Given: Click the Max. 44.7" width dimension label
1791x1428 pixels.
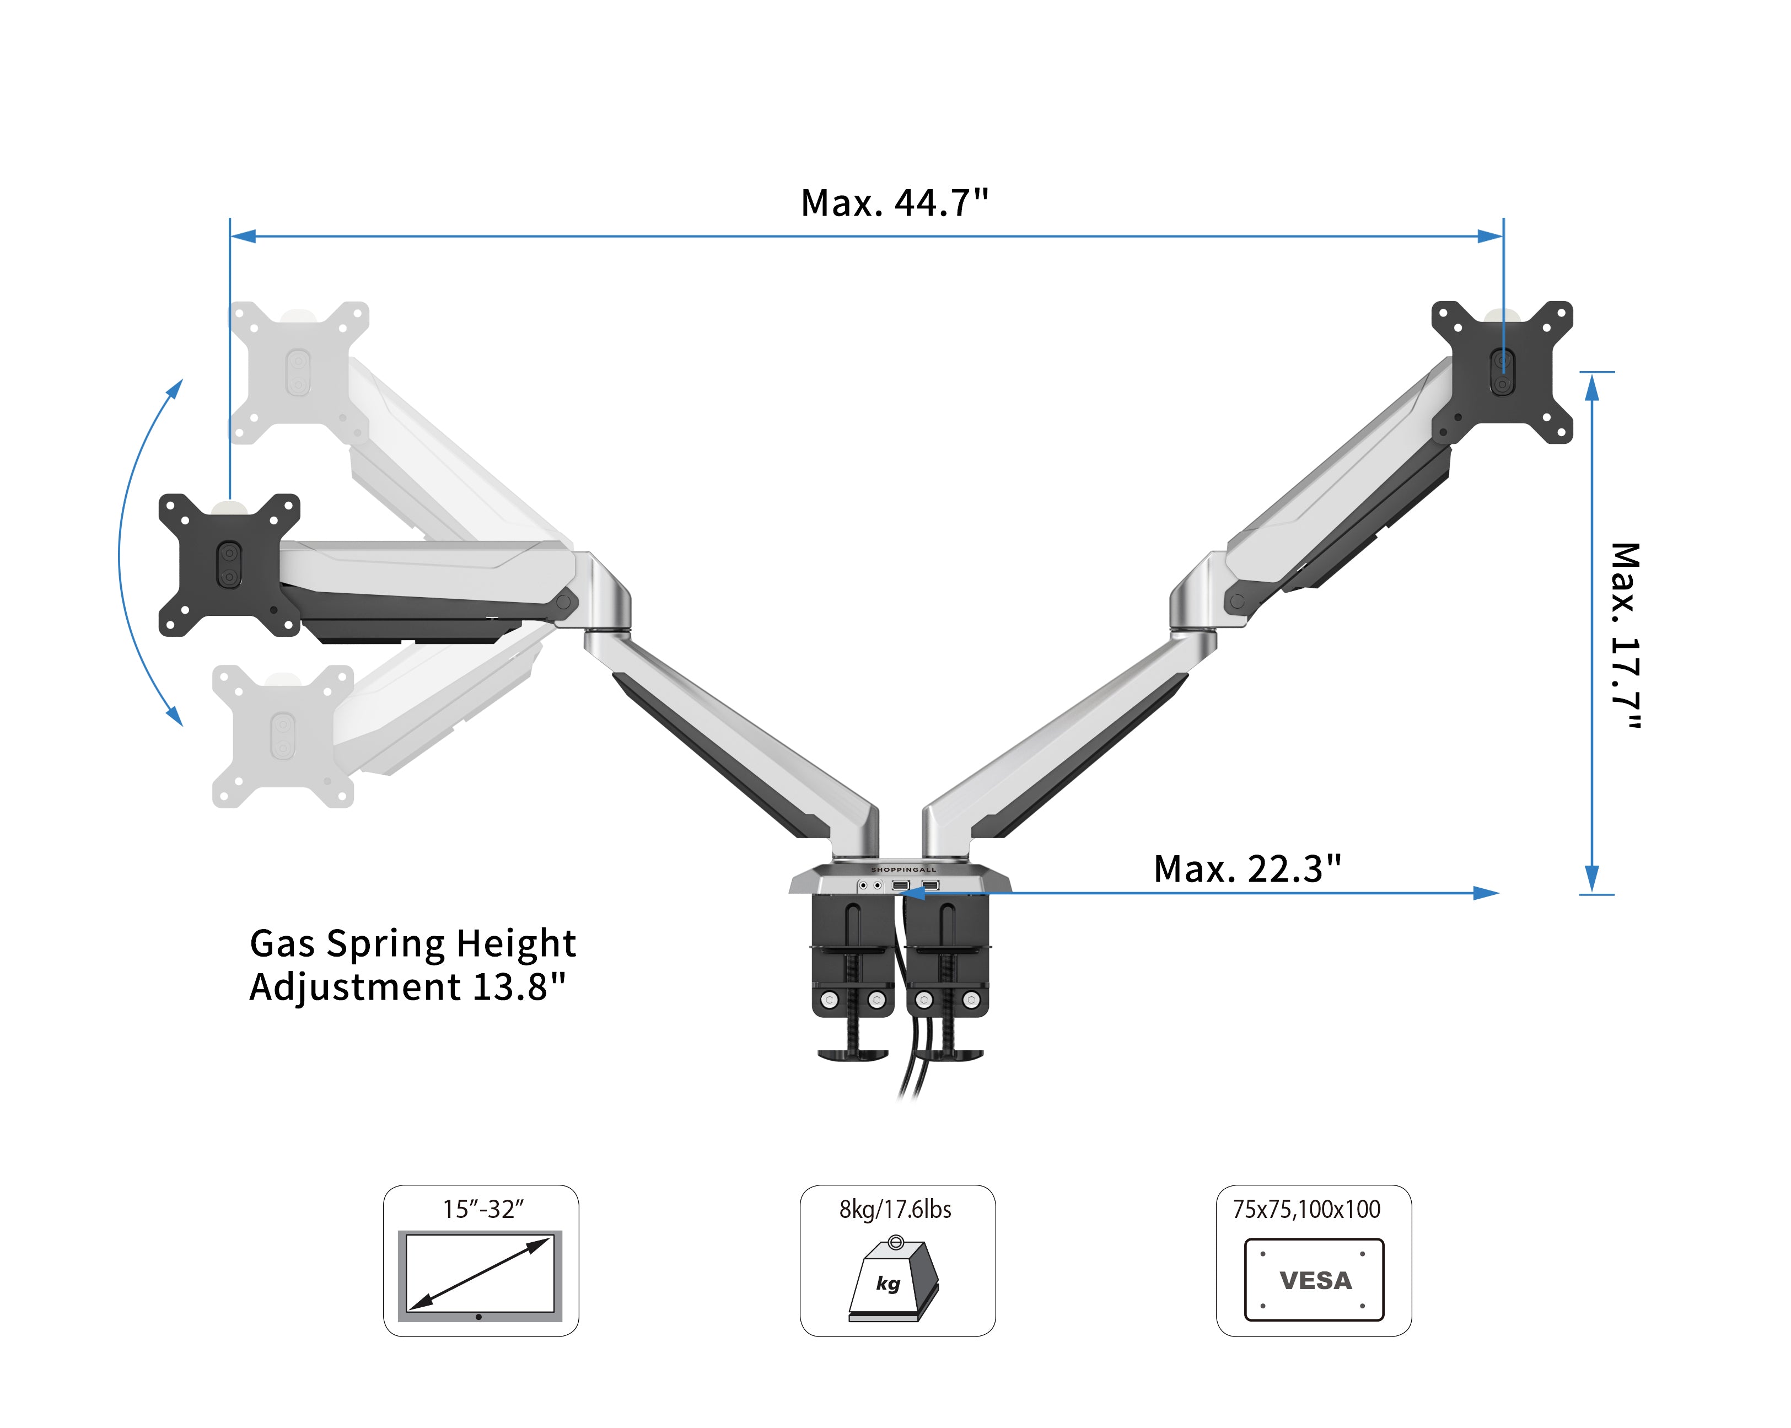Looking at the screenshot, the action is [895, 203].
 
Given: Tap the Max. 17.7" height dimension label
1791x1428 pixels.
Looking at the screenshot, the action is [1626, 636].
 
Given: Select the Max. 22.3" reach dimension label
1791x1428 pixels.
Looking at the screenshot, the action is [1247, 869].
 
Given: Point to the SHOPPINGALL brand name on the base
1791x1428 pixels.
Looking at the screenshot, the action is [903, 869].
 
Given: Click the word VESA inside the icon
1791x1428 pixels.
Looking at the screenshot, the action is [1316, 1281].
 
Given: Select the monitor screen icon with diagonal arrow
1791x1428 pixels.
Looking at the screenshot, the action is [480, 1276].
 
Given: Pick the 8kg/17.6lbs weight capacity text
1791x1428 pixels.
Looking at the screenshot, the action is [895, 1210].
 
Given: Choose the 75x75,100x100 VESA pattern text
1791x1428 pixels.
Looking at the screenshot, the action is [1306, 1210].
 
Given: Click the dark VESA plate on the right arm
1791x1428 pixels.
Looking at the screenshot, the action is [1502, 372].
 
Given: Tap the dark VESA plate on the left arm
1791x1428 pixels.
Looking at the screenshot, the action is [229, 565].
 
